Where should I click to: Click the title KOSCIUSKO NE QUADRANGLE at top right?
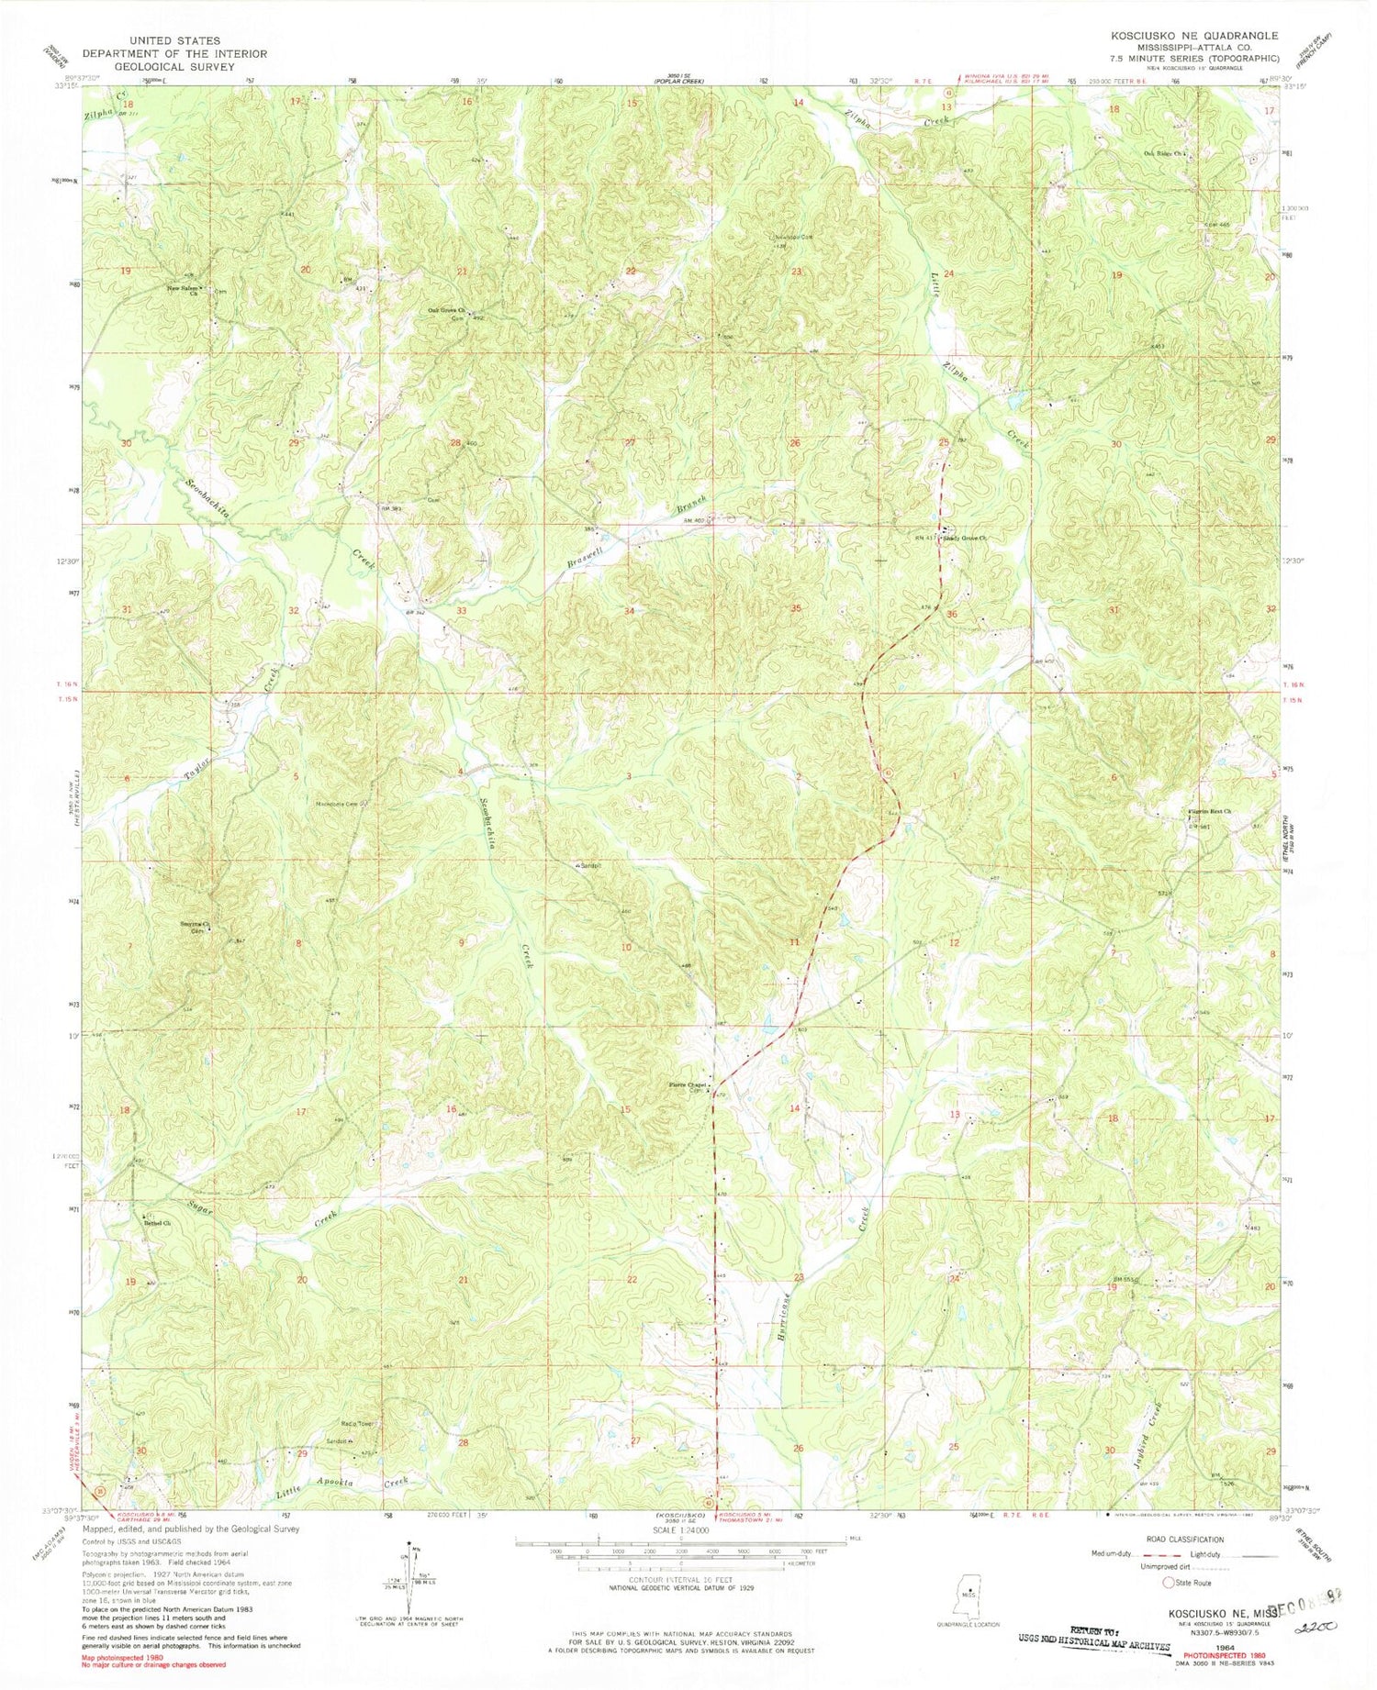pos(1194,35)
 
